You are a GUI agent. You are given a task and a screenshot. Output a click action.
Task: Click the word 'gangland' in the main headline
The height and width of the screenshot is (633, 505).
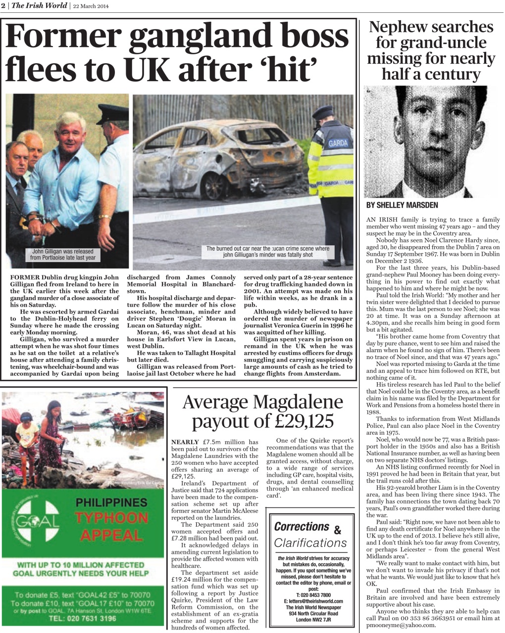click(195, 38)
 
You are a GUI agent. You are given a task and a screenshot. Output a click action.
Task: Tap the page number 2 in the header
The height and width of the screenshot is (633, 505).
click(3, 6)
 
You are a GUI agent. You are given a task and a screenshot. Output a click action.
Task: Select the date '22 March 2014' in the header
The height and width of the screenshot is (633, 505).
click(91, 6)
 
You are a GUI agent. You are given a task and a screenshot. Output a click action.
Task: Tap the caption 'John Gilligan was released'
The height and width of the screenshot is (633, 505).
click(62, 251)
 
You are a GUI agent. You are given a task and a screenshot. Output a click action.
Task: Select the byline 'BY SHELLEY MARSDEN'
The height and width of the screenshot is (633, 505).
click(402, 205)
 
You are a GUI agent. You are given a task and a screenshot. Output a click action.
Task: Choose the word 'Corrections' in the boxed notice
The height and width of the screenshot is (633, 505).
click(302, 527)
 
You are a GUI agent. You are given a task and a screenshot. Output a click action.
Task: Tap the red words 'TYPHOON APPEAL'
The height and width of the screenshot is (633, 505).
click(111, 527)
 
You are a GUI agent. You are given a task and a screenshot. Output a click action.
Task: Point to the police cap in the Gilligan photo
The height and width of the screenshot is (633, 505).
click(112, 115)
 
